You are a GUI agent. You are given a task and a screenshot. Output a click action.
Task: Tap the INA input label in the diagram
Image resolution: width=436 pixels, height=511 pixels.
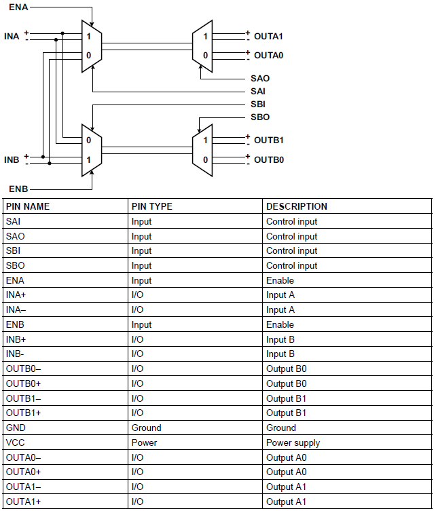pos(12,36)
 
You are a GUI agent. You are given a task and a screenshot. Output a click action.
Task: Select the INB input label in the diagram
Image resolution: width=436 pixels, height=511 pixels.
pos(12,159)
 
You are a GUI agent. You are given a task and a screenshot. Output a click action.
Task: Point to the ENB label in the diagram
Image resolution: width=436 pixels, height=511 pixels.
pos(18,188)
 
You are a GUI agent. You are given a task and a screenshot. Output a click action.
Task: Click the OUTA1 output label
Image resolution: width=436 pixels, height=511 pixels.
pos(268,36)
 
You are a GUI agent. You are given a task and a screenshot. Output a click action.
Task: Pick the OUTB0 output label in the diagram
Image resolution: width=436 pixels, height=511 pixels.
pos(268,160)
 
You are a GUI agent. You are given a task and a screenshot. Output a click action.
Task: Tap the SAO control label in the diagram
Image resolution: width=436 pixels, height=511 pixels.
pos(260,79)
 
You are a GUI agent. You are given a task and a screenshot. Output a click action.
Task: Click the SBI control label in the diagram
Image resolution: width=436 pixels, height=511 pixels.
pos(258,104)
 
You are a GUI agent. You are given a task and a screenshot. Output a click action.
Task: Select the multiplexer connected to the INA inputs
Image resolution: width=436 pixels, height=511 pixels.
pos(92,46)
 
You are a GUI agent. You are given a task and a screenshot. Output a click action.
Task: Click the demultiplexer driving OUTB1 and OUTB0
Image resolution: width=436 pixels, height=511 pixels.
pos(202,150)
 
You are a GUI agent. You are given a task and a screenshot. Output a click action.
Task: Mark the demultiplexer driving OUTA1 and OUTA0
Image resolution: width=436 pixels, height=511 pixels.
pos(202,46)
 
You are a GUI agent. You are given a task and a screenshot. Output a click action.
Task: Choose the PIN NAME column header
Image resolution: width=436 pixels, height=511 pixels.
pos(28,206)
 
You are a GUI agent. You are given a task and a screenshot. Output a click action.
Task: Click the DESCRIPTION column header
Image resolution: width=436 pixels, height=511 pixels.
pos(296,206)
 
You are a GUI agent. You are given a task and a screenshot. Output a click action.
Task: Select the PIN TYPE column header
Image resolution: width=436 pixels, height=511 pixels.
pos(152,206)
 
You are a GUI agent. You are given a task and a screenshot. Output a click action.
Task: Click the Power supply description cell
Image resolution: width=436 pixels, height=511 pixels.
pos(293,442)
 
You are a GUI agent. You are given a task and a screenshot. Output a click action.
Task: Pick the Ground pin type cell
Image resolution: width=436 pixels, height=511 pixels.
pos(146,428)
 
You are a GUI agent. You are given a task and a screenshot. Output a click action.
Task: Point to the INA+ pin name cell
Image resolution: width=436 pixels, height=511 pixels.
pos(17,295)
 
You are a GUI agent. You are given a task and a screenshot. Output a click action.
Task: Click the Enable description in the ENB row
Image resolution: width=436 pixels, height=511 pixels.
pos(280,324)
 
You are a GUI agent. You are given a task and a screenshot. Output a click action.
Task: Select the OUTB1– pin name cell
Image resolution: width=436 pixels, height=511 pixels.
pos(23,398)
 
